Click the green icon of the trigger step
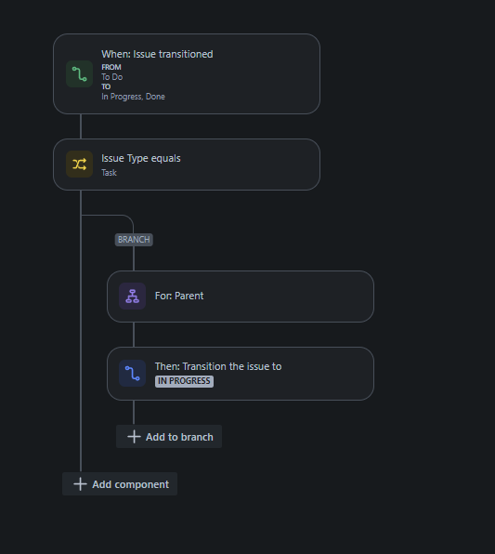(80, 73)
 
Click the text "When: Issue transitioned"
(157, 54)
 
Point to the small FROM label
(111, 67)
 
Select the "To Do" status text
(112, 77)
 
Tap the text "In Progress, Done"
(134, 97)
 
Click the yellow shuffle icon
(80, 165)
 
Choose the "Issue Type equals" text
(141, 158)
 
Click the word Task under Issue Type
(110, 173)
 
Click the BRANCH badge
(134, 240)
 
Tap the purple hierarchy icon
(133, 297)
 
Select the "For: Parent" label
(179, 296)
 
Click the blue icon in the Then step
(133, 374)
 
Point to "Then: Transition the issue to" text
(218, 366)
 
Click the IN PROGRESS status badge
(184, 381)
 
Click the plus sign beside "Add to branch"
(134, 437)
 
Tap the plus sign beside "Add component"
(80, 484)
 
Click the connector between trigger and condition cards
(81, 126)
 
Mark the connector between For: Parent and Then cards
(134, 335)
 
